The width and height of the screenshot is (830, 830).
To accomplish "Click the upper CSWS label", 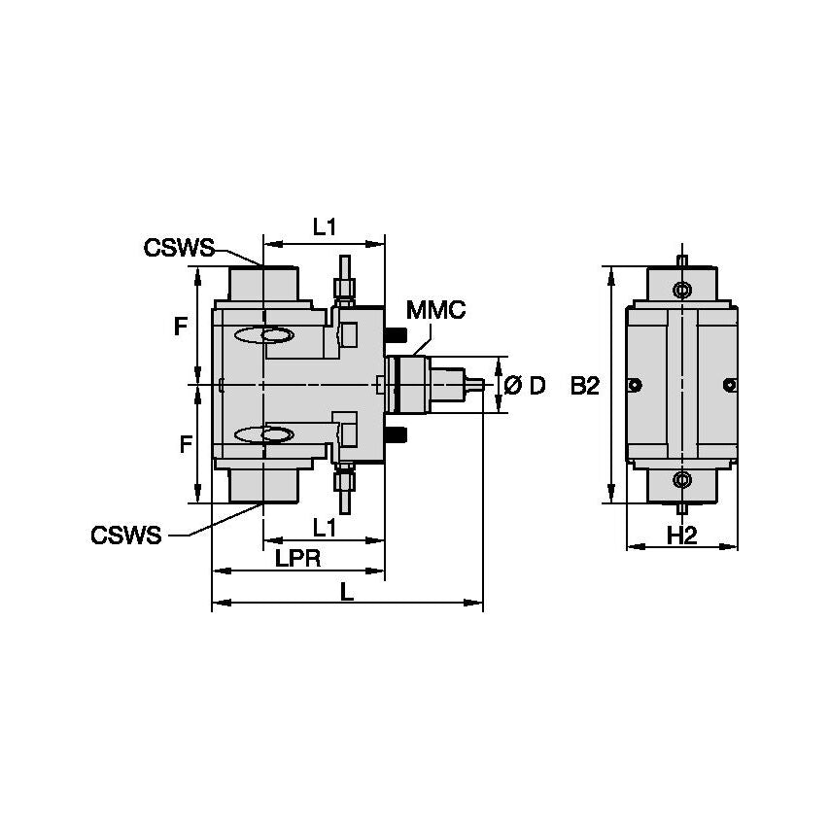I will (x=178, y=248).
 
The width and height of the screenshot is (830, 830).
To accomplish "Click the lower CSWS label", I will (x=126, y=536).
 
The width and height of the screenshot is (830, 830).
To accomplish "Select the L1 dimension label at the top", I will (x=325, y=226).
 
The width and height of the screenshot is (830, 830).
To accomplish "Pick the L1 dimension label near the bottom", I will (x=325, y=527).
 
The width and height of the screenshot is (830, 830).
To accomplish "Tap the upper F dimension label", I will (x=180, y=328).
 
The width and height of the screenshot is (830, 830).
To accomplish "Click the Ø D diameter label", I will (x=525, y=386).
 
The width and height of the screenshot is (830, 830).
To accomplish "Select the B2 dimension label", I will (x=585, y=386).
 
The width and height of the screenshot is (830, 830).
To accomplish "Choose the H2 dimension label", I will (x=682, y=534).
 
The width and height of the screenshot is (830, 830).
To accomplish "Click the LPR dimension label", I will (x=298, y=558).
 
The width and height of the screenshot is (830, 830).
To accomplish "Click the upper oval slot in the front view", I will (x=264, y=335).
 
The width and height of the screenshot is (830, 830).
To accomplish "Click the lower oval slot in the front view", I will (x=264, y=433).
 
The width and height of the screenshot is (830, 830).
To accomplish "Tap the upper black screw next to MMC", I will (x=396, y=336).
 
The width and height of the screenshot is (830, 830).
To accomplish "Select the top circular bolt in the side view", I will (x=682, y=291).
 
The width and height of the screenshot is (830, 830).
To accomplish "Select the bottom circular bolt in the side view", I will (x=682, y=478).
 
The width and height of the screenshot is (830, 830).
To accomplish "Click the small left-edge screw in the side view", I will (x=635, y=386).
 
